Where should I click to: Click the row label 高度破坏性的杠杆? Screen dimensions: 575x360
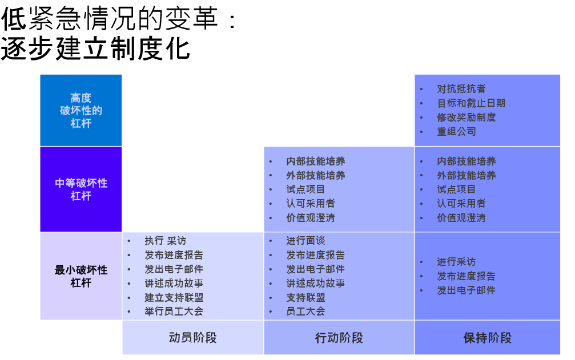(x=81, y=110)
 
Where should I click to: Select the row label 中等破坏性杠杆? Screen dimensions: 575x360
(x=81, y=189)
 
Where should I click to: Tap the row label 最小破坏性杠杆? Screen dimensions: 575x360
(x=81, y=276)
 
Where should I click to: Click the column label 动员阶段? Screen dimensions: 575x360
(x=193, y=338)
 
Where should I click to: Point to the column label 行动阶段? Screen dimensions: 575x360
(x=339, y=338)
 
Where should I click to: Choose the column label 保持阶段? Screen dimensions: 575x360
(x=488, y=338)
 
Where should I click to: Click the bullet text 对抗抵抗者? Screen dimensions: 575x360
(x=461, y=89)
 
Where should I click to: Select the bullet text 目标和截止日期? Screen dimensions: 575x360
(x=471, y=103)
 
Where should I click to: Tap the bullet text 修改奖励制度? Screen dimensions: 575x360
(x=467, y=118)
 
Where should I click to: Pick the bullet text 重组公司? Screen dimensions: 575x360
(x=457, y=132)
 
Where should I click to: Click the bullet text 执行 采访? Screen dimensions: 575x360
(x=165, y=241)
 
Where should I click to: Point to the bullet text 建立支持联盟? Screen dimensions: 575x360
(x=174, y=298)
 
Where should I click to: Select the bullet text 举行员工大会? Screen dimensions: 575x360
(x=174, y=312)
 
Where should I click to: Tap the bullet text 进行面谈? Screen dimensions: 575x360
(x=305, y=241)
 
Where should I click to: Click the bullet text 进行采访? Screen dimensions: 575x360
(x=457, y=262)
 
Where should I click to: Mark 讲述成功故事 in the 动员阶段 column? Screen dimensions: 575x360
(x=174, y=284)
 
